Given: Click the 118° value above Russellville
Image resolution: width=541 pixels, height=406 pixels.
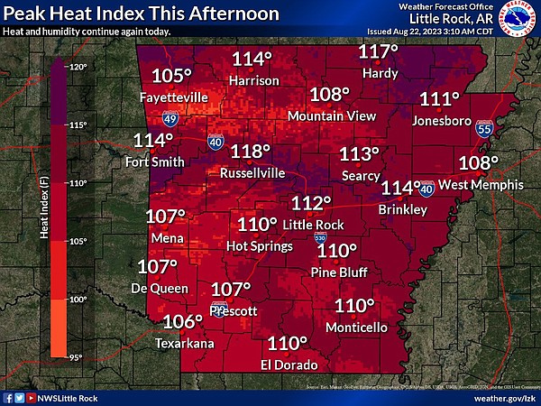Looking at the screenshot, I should click(251, 152).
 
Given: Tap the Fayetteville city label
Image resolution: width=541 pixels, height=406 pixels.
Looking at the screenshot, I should click(175, 97).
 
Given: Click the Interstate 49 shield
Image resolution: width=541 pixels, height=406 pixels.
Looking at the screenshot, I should click(170, 117).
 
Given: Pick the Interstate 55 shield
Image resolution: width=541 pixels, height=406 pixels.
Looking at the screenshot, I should click(484, 129).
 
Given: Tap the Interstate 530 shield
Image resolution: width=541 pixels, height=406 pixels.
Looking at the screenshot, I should click(320, 237).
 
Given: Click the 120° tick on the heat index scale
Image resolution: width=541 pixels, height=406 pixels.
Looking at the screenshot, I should click(77, 68).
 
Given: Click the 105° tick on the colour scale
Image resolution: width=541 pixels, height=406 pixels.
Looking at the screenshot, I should click(77, 241).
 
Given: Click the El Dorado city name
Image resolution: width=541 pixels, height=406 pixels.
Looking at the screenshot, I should click(289, 364).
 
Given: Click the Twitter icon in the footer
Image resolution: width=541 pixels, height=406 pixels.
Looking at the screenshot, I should click(20, 397).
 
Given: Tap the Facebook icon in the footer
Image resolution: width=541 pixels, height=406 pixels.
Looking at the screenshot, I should click(8, 397).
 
